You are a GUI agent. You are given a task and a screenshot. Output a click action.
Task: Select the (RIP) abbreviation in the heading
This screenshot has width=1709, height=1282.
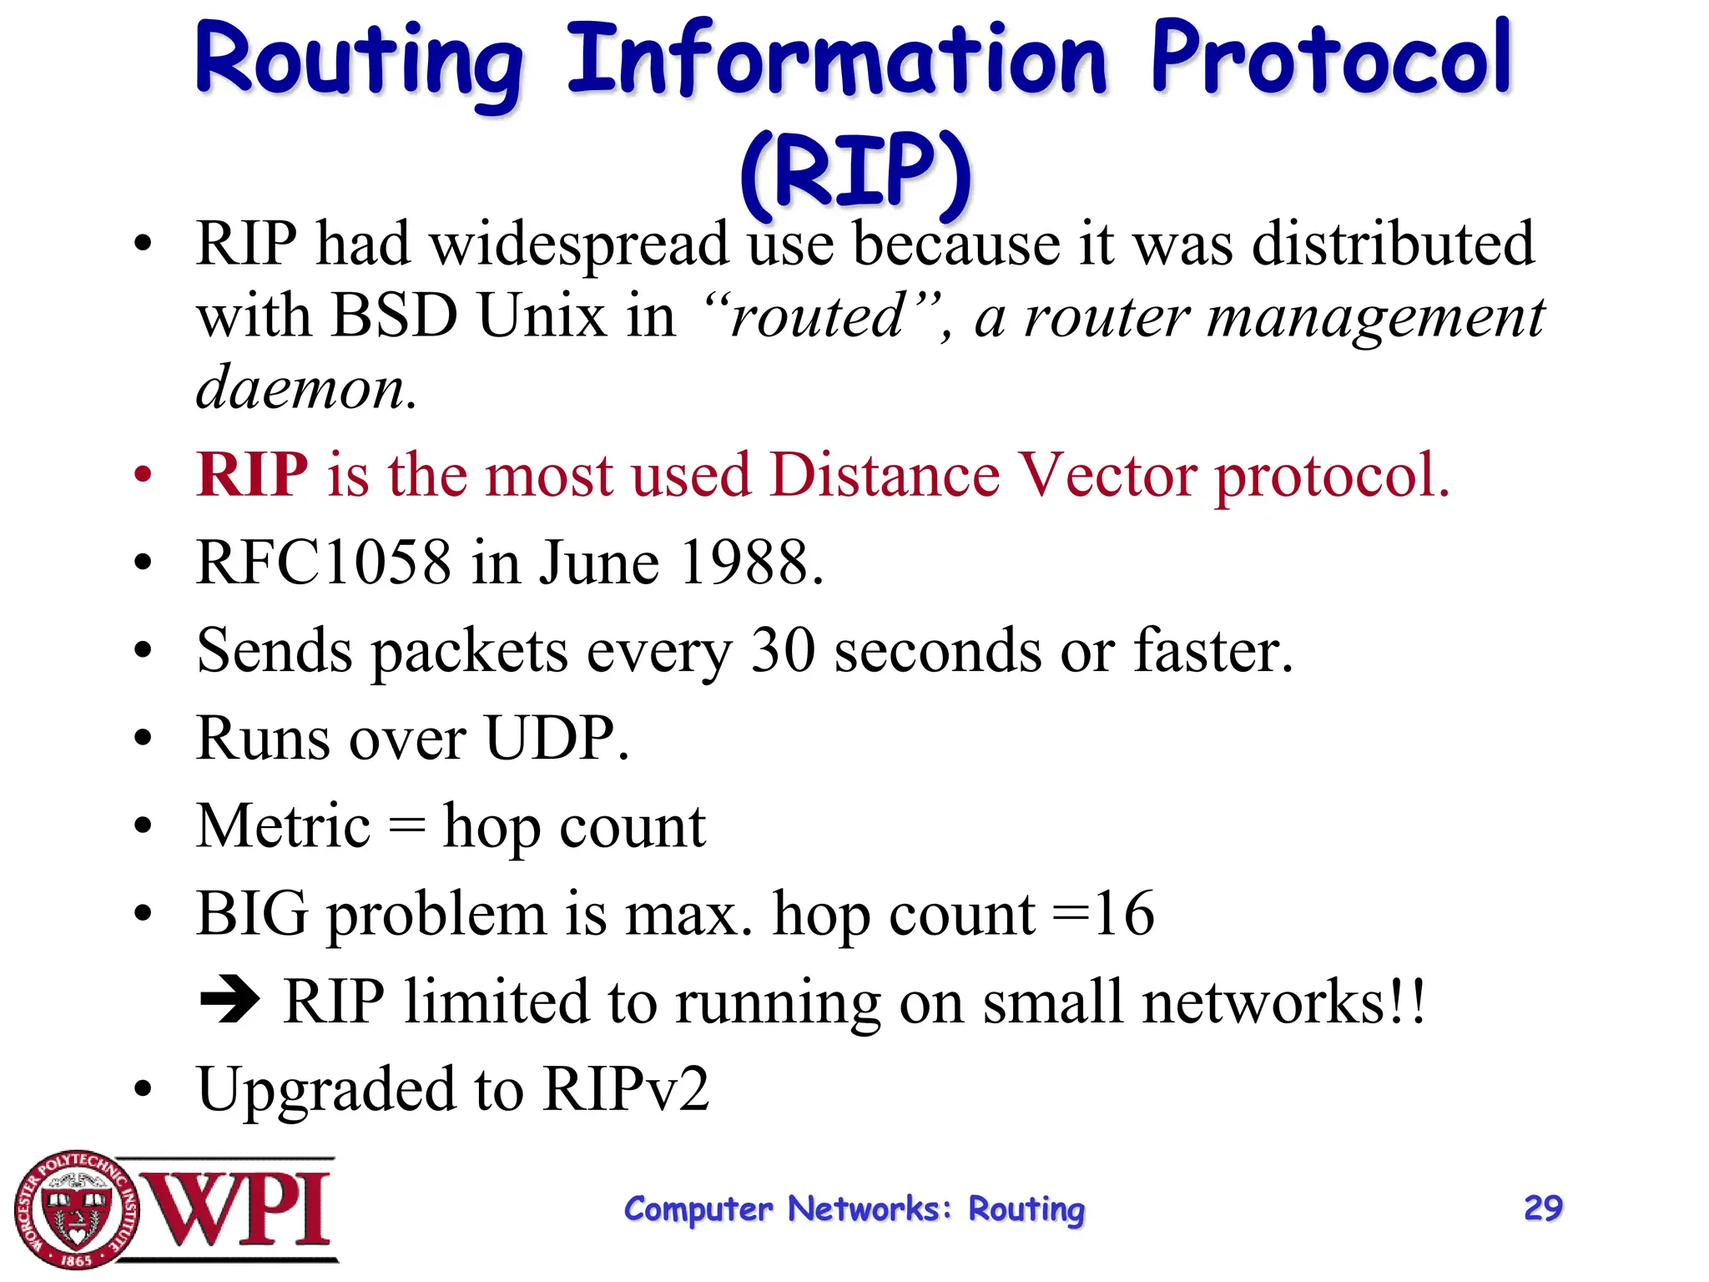coord(855,171)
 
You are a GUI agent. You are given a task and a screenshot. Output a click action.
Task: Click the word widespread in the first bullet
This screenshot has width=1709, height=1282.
coord(579,245)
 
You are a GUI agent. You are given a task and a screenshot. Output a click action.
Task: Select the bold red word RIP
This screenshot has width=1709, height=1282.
coord(252,474)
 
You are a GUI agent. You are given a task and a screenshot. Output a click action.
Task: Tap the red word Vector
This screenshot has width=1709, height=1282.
coord(1108,474)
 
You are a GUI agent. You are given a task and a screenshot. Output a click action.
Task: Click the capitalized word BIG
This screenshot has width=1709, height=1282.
coord(252,913)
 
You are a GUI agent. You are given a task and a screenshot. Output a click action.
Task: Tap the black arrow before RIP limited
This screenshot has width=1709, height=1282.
coord(230,1000)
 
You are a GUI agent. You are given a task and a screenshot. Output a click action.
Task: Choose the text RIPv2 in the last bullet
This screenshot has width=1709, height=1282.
coord(626,1088)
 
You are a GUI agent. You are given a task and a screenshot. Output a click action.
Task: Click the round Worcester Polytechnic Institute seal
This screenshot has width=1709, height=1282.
coord(77,1209)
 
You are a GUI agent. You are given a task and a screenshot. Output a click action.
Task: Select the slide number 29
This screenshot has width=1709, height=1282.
coord(1543,1208)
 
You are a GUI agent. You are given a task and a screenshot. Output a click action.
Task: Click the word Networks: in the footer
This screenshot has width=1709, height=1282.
coord(869,1209)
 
